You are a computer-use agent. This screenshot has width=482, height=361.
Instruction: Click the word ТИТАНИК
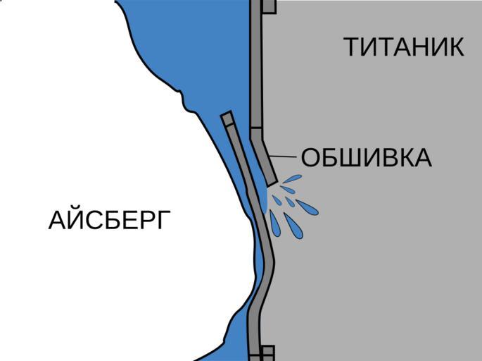click(x=403, y=47)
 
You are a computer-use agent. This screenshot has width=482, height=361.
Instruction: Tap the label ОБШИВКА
click(x=366, y=158)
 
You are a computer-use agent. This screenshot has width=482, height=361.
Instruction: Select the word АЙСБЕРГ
click(x=110, y=221)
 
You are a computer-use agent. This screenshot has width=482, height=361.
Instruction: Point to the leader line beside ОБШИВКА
click(x=284, y=156)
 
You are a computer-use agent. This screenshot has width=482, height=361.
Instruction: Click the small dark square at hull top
click(x=268, y=6)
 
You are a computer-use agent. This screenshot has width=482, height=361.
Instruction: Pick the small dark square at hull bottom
click(x=267, y=353)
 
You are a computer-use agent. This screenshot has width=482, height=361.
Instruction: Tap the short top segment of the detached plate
click(x=227, y=118)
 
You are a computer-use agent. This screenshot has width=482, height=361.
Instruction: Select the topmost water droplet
click(x=291, y=179)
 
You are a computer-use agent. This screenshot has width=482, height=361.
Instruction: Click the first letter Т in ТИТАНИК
click(x=352, y=47)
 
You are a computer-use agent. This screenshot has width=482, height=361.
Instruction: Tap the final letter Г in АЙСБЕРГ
click(x=163, y=221)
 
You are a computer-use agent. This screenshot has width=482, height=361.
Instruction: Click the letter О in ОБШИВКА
click(x=310, y=158)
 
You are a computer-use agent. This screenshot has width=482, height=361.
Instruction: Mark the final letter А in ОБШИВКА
click(x=421, y=158)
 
